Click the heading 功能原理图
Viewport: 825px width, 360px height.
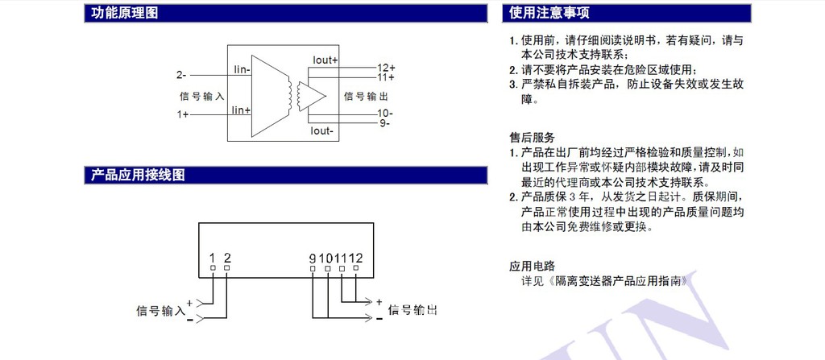(124, 13)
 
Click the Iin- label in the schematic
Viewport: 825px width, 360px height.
(241, 70)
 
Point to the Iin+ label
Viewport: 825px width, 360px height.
(241, 110)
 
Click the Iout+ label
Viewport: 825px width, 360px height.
(325, 60)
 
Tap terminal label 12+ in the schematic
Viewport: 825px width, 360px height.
(386, 67)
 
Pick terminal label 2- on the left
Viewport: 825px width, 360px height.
(181, 75)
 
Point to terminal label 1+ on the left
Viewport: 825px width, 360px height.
(183, 115)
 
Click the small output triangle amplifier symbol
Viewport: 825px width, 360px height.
(314, 95)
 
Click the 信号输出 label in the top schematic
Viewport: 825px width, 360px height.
(365, 96)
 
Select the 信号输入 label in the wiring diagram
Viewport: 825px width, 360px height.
(160, 309)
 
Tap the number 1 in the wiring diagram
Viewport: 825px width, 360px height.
(212, 258)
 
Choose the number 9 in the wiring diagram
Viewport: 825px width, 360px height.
(312, 258)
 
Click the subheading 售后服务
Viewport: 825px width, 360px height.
(532, 137)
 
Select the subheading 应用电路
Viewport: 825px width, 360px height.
(532, 266)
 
